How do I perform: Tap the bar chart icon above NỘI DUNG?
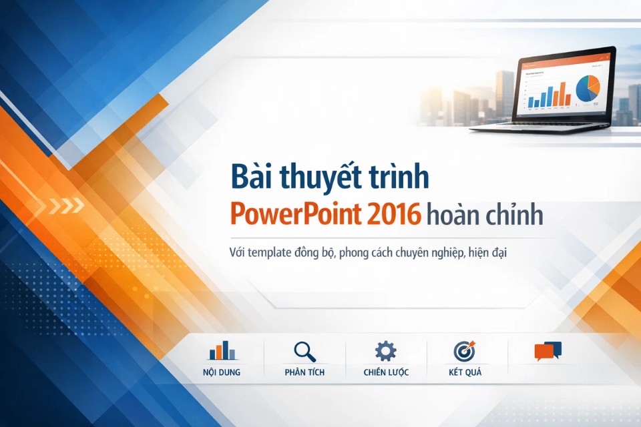(x=222, y=351)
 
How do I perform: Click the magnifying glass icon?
(x=304, y=351)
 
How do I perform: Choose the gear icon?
(x=385, y=351)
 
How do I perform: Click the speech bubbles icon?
(x=548, y=351)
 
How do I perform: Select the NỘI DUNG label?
(x=222, y=372)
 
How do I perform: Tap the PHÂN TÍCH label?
(x=304, y=372)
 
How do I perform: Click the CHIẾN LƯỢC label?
(x=386, y=372)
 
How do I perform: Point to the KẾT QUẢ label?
(x=465, y=372)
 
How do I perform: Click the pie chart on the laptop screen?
(x=588, y=88)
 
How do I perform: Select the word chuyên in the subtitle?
(x=399, y=254)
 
